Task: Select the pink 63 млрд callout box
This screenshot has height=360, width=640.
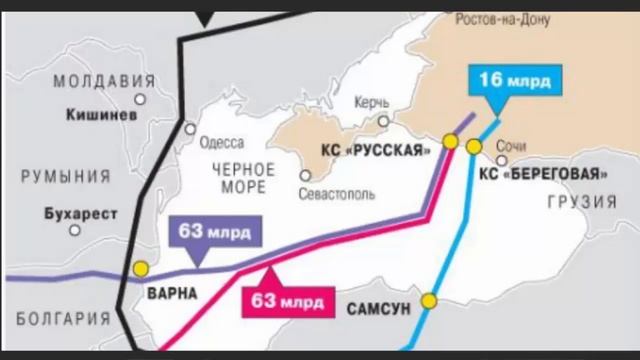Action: [286, 297]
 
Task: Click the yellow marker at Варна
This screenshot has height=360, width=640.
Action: [141, 269]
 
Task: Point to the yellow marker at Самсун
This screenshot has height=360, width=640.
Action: [430, 299]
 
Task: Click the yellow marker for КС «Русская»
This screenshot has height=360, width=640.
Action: [451, 142]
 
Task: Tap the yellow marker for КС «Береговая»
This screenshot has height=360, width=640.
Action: [474, 147]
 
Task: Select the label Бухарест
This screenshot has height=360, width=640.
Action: [81, 213]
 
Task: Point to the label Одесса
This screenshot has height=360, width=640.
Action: [221, 142]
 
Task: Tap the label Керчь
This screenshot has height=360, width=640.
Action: [371, 103]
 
